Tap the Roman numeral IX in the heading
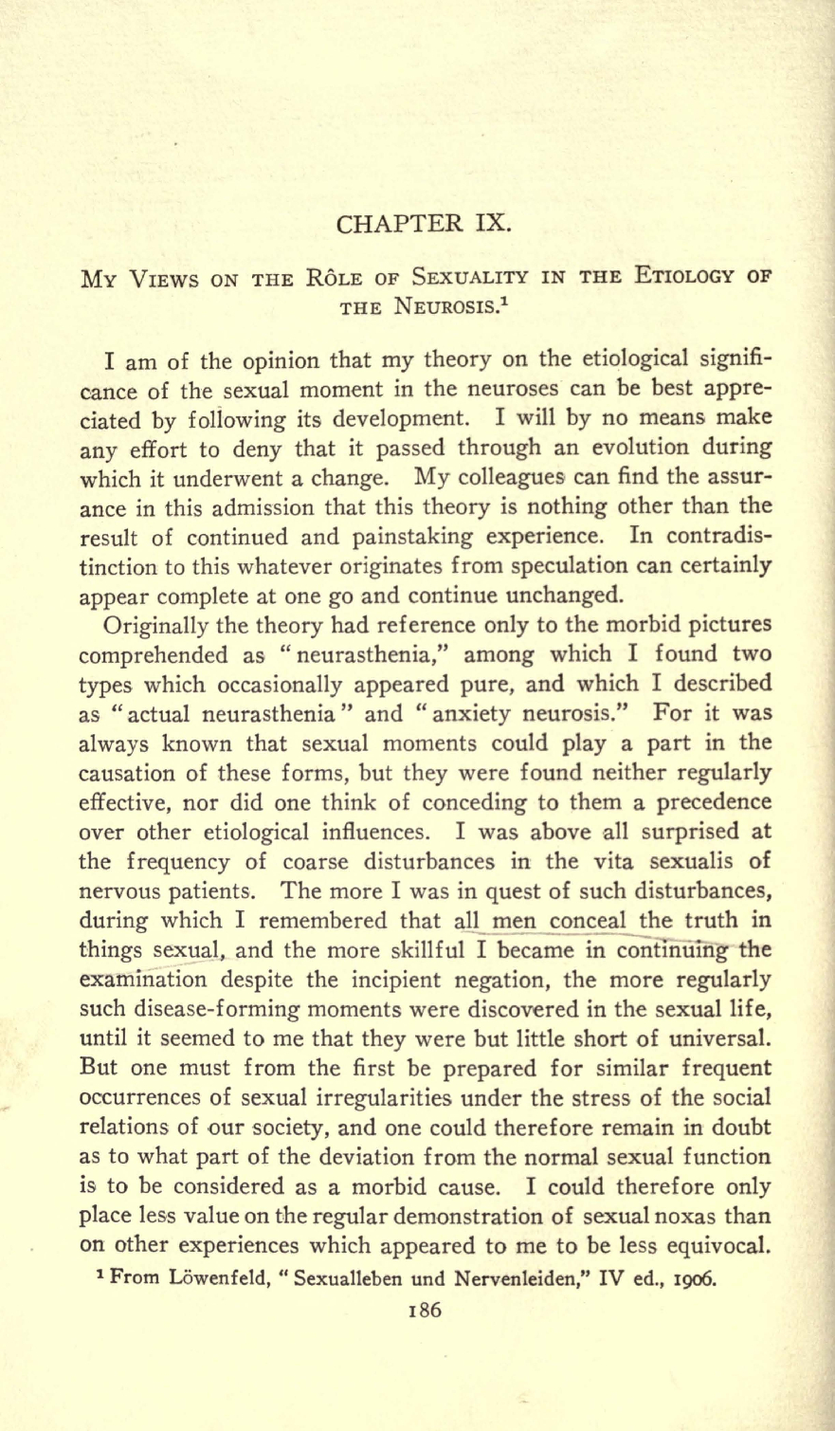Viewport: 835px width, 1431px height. point(490,227)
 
